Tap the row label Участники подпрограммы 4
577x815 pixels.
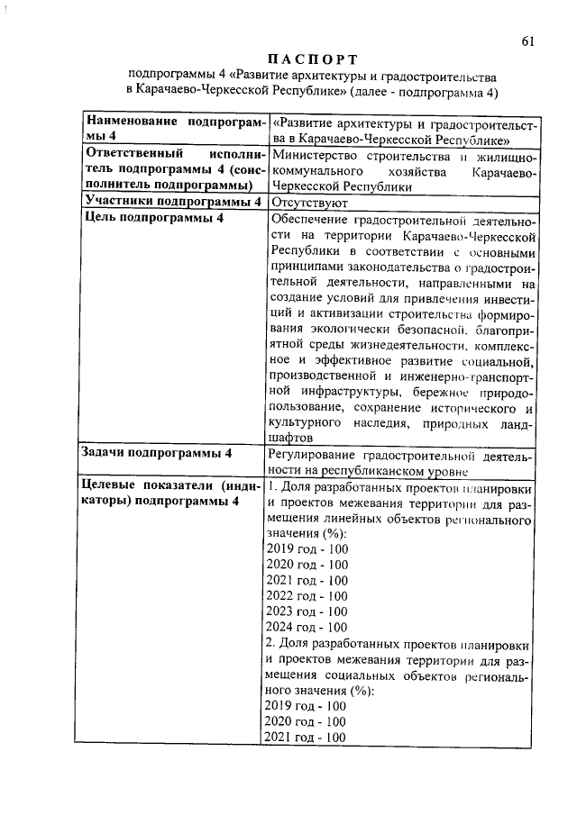point(172,202)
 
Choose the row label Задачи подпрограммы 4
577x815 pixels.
point(158,453)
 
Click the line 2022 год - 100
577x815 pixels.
point(307,596)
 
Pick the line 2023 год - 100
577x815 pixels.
point(307,611)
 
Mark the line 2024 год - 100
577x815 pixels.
point(307,628)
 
